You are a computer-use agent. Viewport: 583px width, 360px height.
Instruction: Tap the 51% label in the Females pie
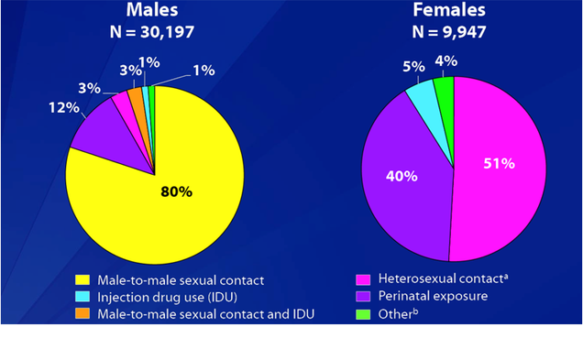pos(500,164)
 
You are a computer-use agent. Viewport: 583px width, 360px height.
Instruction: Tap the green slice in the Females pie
pos(445,86)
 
